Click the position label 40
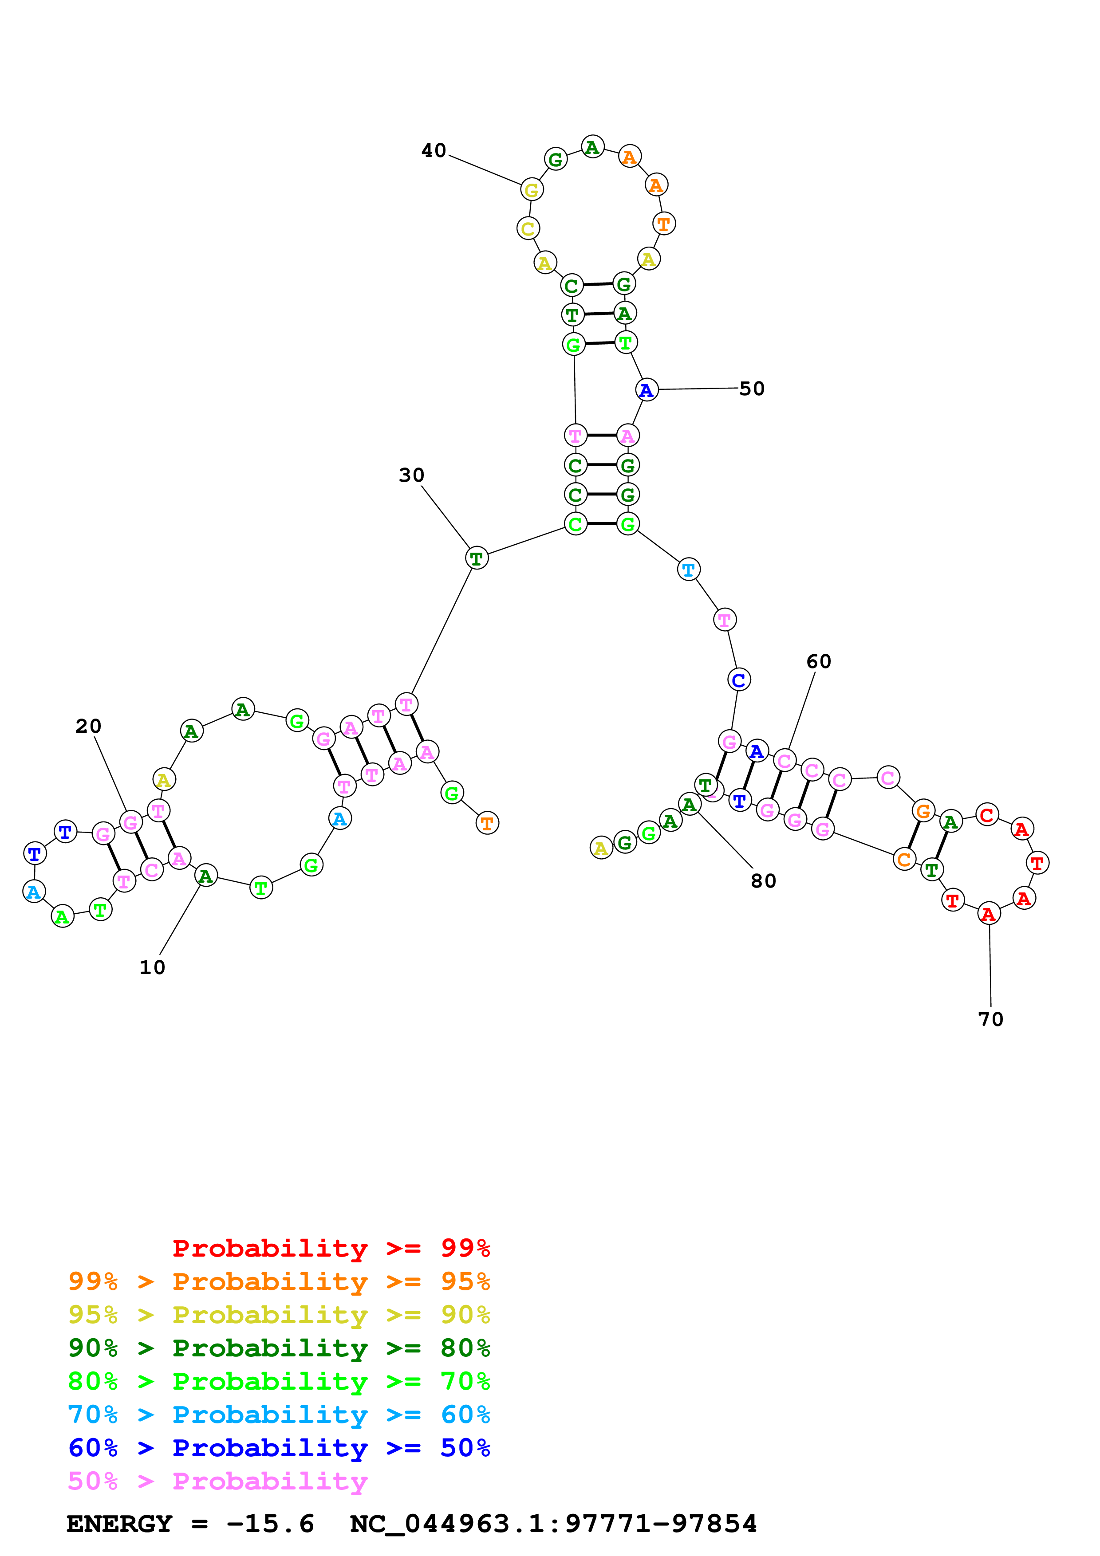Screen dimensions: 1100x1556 point(434,150)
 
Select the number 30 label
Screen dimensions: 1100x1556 point(411,475)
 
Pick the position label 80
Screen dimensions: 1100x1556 point(763,880)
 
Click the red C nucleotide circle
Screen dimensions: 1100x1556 point(987,815)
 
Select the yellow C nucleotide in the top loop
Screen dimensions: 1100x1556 point(528,228)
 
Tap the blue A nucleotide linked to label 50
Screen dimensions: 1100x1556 point(647,390)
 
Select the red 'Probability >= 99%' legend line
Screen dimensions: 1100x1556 point(331,1248)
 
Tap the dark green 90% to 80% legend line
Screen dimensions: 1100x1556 point(279,1348)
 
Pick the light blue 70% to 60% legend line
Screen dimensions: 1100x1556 point(279,1415)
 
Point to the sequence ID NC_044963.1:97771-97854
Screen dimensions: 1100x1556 point(553,1524)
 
